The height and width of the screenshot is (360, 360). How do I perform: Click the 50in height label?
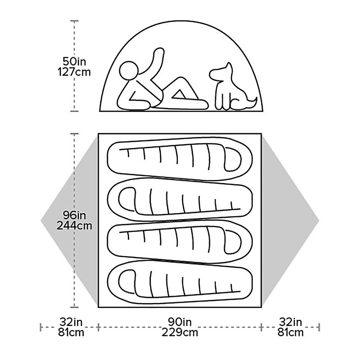(74, 61)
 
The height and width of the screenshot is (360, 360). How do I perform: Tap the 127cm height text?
(74, 72)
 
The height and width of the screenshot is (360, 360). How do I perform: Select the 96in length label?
(74, 216)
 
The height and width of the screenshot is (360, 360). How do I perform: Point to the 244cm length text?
(74, 226)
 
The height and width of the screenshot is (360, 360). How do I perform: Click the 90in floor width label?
(180, 322)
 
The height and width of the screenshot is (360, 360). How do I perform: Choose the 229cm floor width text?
(180, 332)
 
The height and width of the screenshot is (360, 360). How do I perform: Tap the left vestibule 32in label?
(71, 322)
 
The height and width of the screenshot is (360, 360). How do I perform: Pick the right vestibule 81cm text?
(290, 332)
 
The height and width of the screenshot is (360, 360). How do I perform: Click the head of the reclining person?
(129, 71)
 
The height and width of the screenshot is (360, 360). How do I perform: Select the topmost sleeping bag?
(180, 159)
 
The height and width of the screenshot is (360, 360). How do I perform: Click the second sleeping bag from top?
(180, 199)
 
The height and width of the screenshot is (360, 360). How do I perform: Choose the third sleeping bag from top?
(180, 241)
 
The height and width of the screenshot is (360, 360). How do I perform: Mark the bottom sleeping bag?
(180, 282)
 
